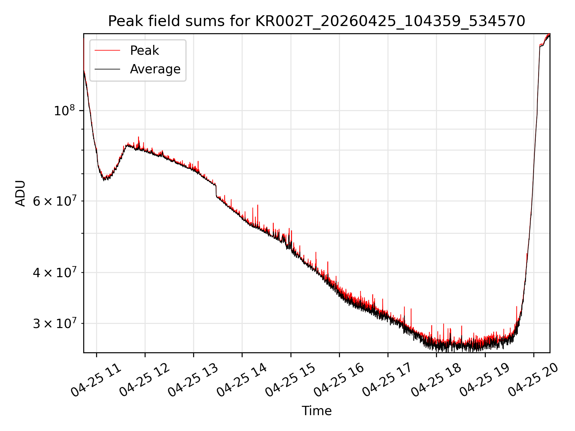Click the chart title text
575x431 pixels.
(317, 21)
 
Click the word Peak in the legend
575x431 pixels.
(144, 51)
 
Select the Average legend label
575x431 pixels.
(155, 69)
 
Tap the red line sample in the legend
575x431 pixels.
(107, 51)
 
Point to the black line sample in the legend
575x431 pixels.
(107, 69)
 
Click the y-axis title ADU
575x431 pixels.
(20, 193)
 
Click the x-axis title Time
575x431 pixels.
(317, 411)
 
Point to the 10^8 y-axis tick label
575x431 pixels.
(64, 110)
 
